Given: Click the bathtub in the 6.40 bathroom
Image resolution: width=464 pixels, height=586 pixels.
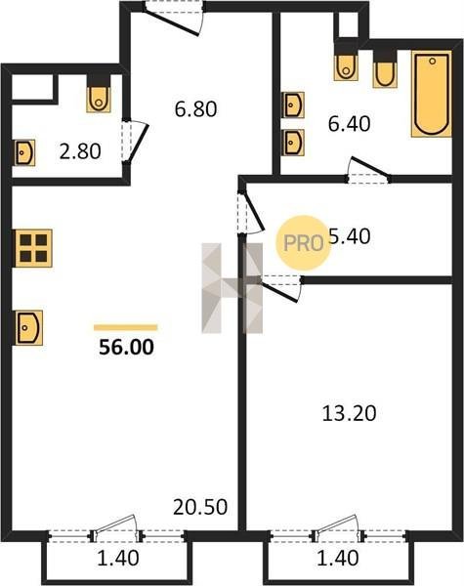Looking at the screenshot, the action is click(x=432, y=94).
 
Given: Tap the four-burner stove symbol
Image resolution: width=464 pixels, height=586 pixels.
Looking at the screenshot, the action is click(x=33, y=248).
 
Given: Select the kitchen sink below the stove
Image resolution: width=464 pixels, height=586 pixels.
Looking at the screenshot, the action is click(x=28, y=328).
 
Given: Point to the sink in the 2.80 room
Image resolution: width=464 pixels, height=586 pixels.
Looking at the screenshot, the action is click(x=25, y=152).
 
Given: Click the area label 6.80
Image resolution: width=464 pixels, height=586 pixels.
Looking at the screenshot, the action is click(x=195, y=109).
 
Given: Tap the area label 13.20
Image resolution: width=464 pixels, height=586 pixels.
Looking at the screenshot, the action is click(x=349, y=414).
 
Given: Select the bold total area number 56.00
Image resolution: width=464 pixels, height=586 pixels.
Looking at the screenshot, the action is click(x=126, y=347).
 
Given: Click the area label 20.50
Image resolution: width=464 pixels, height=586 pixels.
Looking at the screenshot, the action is click(x=200, y=507).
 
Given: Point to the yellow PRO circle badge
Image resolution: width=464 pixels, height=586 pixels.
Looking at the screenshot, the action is click(x=304, y=243).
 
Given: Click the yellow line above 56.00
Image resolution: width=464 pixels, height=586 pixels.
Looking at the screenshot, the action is click(x=126, y=328).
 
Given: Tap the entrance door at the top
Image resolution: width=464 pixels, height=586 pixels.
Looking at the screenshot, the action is click(x=174, y=19).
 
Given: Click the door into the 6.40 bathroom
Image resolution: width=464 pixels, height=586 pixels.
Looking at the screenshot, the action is click(x=368, y=171).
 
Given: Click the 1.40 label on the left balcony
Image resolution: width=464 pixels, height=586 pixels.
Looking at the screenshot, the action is click(x=118, y=559).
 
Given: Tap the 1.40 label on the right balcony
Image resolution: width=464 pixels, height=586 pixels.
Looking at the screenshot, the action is click(x=338, y=559).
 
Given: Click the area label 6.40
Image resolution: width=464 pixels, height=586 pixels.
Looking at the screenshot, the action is click(x=349, y=124).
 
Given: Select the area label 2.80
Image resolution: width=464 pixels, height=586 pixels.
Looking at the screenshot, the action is click(x=80, y=151).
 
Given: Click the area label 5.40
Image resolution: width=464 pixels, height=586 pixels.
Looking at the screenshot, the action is click(x=350, y=236).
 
